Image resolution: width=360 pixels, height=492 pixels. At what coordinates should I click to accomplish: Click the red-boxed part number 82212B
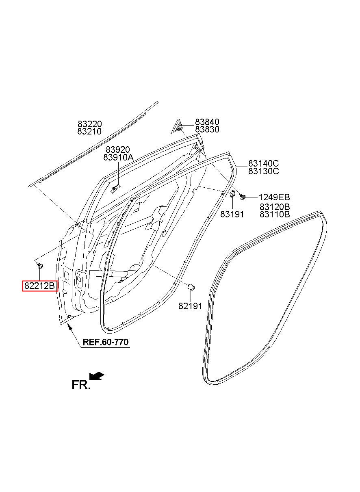(x=39, y=286)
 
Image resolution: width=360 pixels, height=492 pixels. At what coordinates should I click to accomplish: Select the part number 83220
(x=90, y=124)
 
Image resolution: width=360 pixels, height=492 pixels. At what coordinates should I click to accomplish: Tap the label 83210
(x=89, y=131)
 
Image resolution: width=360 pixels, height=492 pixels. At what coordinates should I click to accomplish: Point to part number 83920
(x=118, y=150)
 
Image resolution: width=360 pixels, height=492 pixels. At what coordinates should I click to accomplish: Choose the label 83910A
(x=118, y=157)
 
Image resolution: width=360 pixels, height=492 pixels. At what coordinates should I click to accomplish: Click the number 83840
(x=207, y=122)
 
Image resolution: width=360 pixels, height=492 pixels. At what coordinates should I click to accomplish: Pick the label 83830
(x=207, y=129)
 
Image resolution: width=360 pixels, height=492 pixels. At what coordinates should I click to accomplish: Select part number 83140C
(x=264, y=163)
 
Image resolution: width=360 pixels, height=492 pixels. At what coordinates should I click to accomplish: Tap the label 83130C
(x=264, y=171)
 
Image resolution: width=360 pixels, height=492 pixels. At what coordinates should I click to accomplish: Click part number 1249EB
(x=274, y=197)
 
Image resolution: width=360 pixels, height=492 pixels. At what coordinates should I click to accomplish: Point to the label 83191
(x=232, y=214)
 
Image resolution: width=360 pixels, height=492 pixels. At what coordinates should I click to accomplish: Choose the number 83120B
(x=275, y=207)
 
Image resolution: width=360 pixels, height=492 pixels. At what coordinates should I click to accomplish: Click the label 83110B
(x=275, y=214)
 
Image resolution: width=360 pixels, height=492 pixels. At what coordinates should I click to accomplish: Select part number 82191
(x=190, y=306)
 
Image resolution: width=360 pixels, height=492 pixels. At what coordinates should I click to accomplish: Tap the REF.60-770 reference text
(x=105, y=342)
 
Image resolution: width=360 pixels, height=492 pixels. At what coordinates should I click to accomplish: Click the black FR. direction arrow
(x=97, y=375)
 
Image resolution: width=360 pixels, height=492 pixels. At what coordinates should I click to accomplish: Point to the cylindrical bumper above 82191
(x=191, y=287)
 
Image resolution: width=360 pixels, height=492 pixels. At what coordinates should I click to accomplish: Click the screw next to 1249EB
(x=242, y=197)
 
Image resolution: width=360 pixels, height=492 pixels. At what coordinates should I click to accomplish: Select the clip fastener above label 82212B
(x=40, y=265)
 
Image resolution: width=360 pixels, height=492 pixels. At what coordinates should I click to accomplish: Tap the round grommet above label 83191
(x=232, y=194)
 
